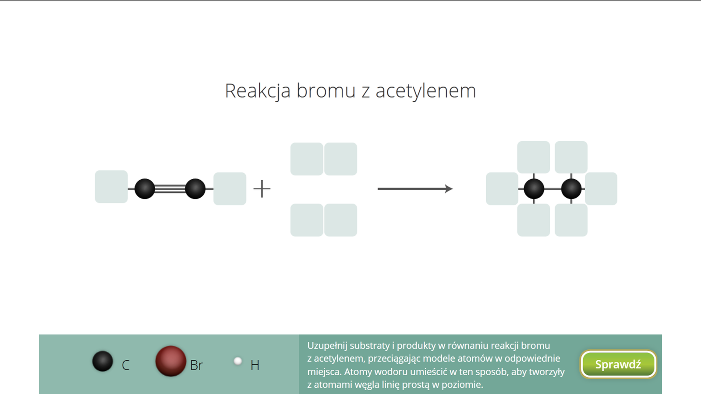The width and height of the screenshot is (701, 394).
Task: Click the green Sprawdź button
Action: point(618,364)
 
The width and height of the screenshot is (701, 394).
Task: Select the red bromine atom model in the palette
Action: point(171,361)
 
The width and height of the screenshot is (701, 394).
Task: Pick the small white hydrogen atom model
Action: point(238,361)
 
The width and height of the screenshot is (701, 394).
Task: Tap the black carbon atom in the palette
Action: point(103,361)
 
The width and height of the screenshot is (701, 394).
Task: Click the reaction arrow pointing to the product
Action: point(415,189)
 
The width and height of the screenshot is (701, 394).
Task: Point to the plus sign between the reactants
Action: point(262,189)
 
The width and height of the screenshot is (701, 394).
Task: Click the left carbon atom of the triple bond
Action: point(145,189)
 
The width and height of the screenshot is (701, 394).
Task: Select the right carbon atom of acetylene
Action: point(195,189)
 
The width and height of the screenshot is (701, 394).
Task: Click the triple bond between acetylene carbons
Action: point(170,189)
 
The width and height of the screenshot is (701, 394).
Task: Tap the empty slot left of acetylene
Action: point(111,187)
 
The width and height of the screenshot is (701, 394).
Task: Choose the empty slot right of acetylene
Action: point(230,189)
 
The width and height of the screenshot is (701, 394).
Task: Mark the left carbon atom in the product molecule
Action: point(534,189)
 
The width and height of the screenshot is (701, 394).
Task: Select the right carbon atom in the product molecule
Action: point(571,189)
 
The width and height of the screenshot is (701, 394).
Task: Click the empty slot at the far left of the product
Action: point(502,189)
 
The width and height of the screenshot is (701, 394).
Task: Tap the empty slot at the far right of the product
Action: point(601,189)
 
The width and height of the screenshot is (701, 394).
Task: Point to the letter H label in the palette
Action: point(255,365)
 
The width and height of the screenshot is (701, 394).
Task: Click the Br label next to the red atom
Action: point(197,365)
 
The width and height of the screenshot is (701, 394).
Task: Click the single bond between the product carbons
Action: point(552,189)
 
